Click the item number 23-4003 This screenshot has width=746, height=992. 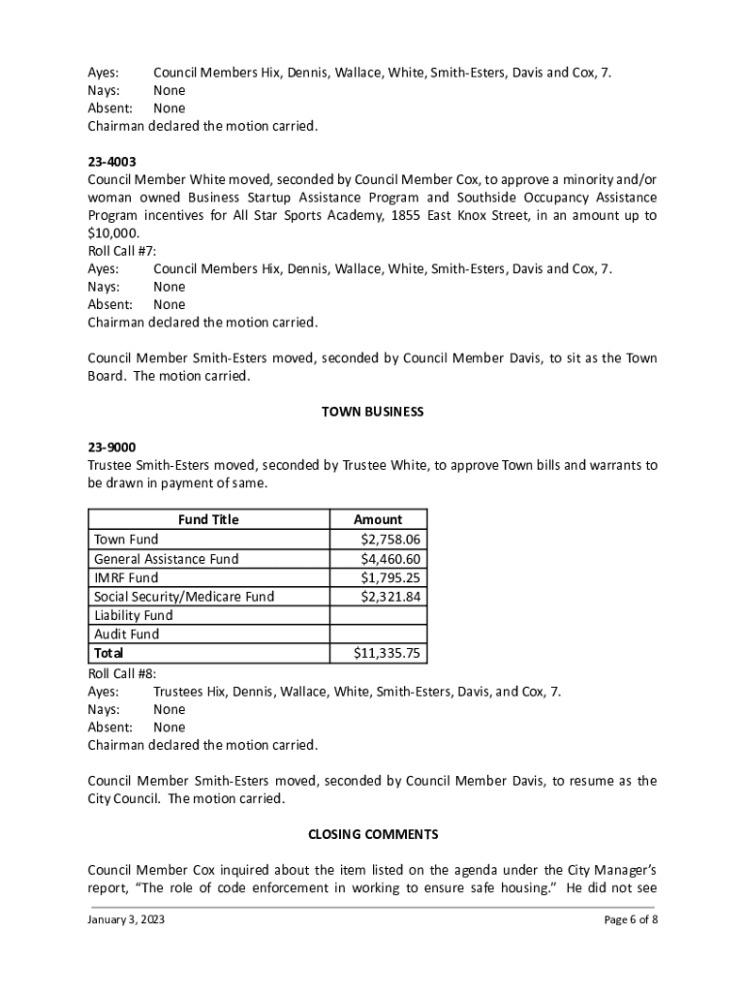111,162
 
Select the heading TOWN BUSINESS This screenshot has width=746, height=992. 372,412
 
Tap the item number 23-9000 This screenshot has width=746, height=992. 111,448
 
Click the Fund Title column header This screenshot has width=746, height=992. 208,519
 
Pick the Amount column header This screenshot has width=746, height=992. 378,519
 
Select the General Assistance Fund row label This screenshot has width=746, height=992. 166,559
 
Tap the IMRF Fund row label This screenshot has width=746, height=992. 126,577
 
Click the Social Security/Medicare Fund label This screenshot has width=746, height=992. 184,597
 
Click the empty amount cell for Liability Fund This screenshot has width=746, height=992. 378,615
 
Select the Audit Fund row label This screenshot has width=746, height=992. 127,635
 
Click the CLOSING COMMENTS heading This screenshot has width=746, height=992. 373,834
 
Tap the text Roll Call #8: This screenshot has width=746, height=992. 122,673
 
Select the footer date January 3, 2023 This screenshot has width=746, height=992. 126,920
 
